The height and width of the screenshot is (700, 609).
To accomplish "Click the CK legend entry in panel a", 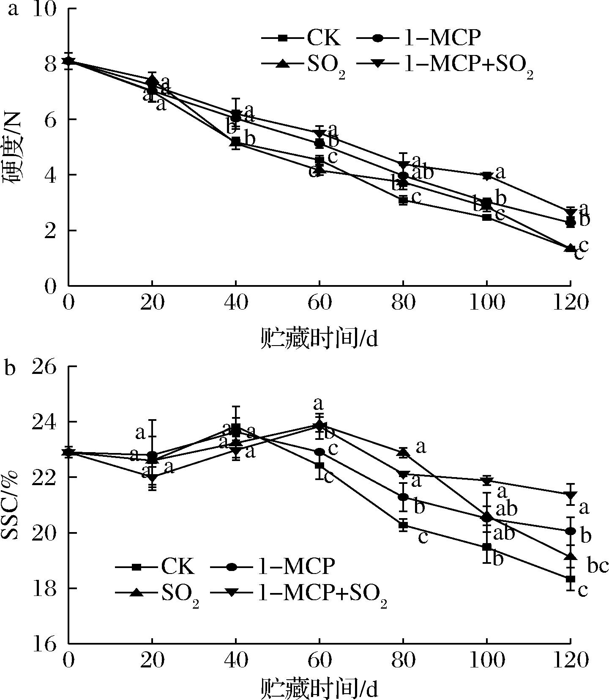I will point(301,38).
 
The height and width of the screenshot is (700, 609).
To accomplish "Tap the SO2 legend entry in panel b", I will point(157,593).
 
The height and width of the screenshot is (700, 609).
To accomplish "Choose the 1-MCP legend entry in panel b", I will point(275,566).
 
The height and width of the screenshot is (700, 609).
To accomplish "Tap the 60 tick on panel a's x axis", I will point(320,303).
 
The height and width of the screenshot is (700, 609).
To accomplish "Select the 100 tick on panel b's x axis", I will point(487,660).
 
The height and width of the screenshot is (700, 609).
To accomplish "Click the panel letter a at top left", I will point(13,9).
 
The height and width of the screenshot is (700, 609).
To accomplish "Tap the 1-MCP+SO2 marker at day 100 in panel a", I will point(487,176).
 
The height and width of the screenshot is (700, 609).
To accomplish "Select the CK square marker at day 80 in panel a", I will point(403,200).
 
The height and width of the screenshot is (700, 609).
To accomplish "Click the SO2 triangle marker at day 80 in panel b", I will point(404,453).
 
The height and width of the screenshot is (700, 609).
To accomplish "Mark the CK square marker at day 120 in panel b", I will point(571,579).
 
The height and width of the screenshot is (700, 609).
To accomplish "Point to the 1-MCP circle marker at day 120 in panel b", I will point(571,531).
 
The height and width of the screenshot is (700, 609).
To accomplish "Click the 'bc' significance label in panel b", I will point(598,566).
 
